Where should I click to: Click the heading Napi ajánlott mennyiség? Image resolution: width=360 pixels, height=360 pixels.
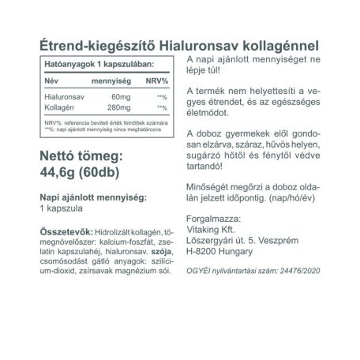[x=84, y=197]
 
